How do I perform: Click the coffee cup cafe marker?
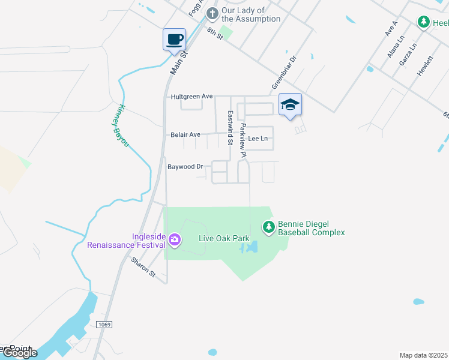tap(174, 40)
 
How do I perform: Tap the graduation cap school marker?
tap(290, 105)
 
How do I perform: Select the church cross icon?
tap(211, 13)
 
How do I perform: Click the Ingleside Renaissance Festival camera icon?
tap(175, 240)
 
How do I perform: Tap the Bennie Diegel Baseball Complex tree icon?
tap(269, 227)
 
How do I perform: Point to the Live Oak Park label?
tap(224, 239)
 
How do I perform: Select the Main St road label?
tap(179, 62)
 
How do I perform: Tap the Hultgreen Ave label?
tap(192, 96)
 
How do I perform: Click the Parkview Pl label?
tap(243, 140)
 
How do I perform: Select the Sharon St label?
tap(144, 267)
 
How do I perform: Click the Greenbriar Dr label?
tap(285, 73)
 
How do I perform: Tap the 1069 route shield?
tap(103, 324)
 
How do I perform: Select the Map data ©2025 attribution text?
tap(423, 355)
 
